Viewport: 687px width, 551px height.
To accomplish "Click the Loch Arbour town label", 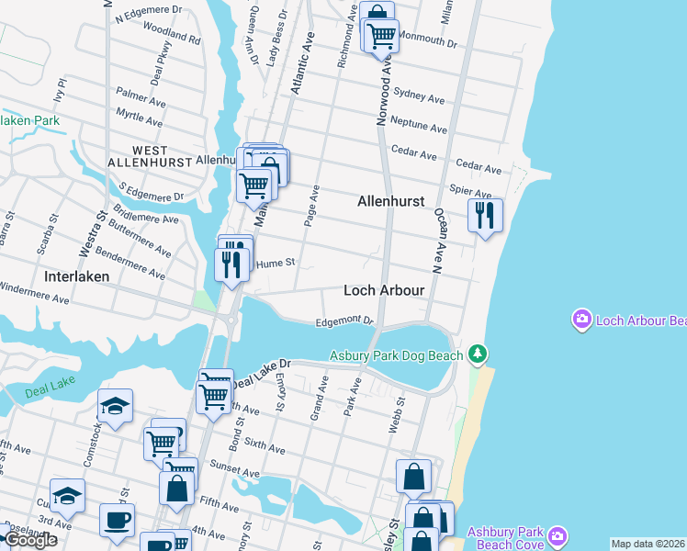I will coord(384,290).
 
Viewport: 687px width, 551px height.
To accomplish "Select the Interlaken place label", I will coord(77,275).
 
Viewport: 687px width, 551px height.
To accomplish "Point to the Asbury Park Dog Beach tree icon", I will coord(477,354).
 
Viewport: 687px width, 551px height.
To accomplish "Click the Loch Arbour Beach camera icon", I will coord(581,320).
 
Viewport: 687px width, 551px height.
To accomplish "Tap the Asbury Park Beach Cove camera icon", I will coord(557,535).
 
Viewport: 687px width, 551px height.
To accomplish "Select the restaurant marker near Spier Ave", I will coord(485,216).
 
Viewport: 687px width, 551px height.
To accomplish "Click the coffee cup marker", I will coord(117,519).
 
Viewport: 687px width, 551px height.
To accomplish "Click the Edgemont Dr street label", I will coord(343,321).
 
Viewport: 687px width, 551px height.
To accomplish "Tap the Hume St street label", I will coord(275,263).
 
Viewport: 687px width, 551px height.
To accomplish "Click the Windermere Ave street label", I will coord(34,298).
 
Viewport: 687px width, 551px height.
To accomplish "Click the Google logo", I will coord(29,540).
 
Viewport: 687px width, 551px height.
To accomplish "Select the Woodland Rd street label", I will coord(172,39).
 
